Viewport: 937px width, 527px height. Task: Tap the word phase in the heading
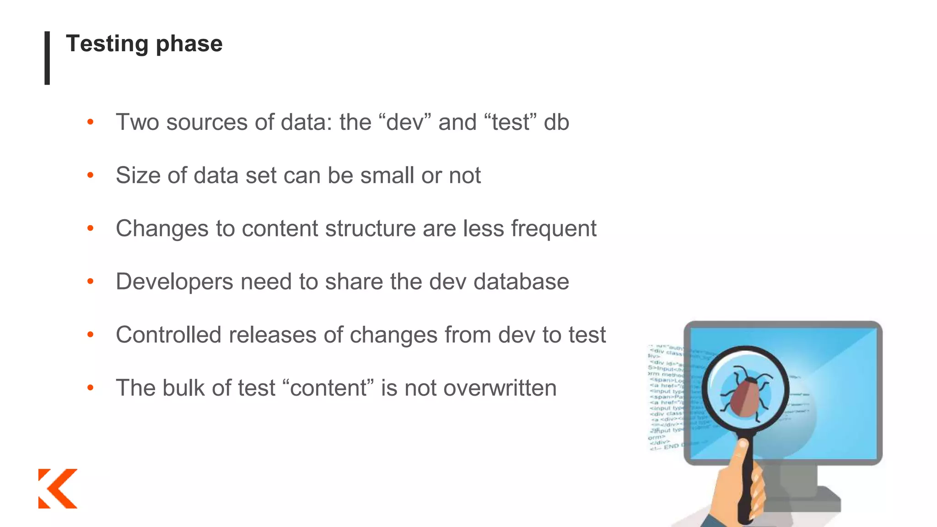click(189, 44)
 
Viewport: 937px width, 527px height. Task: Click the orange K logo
click(58, 488)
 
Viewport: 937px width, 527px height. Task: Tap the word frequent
click(553, 228)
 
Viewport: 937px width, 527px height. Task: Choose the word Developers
click(174, 281)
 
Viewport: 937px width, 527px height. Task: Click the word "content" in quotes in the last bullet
click(328, 388)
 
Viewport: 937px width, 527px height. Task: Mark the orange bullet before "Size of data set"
click(91, 175)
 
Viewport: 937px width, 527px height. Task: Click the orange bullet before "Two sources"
click(91, 122)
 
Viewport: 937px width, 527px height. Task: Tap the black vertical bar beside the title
click(47, 58)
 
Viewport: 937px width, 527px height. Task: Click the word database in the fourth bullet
click(521, 281)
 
